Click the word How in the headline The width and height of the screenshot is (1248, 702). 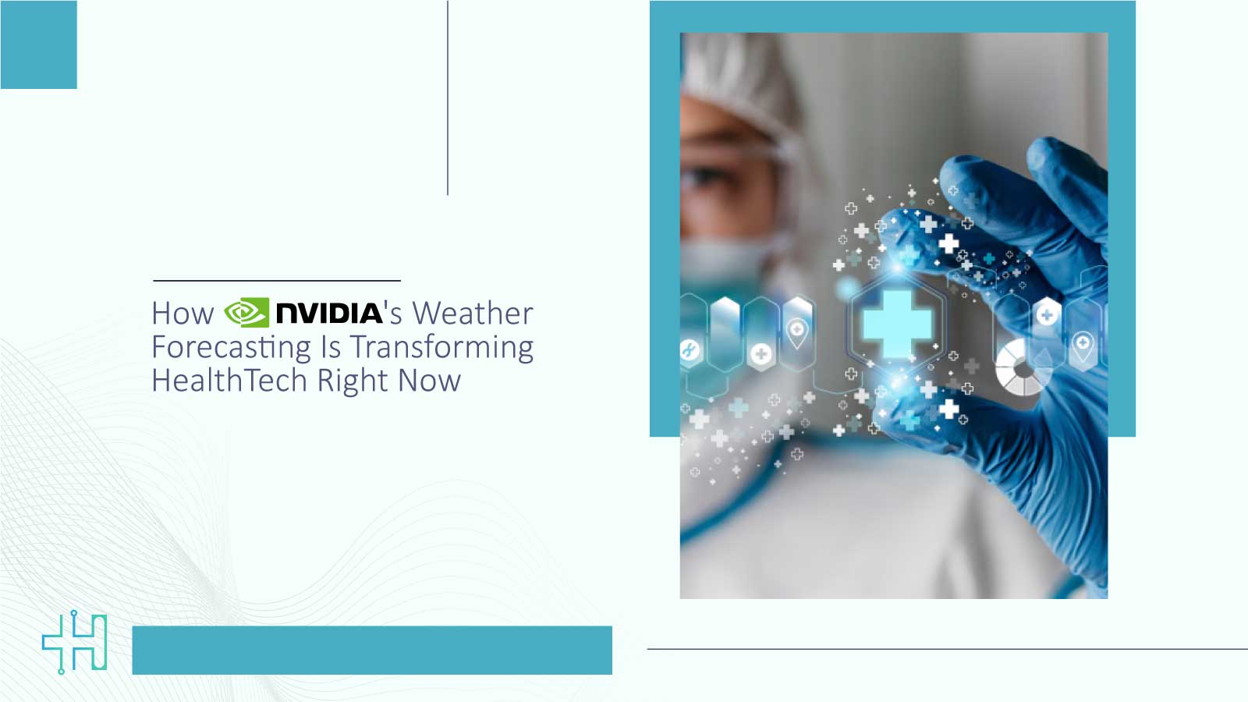click(183, 314)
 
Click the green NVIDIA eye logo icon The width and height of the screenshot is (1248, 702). click(246, 313)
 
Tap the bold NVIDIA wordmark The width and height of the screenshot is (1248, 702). click(329, 314)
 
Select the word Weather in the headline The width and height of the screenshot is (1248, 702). click(473, 314)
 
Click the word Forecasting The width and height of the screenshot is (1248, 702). click(232, 347)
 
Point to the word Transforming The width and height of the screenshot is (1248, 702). click(441, 347)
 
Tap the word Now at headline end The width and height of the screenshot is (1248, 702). click(429, 381)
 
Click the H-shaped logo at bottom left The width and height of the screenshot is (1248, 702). click(75, 642)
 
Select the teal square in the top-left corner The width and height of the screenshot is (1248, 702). click(38, 44)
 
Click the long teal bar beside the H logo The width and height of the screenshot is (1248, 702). click(372, 650)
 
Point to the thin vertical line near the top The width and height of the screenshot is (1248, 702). click(448, 97)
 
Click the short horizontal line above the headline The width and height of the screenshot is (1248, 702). click(277, 280)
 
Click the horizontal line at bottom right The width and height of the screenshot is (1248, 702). click(947, 648)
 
